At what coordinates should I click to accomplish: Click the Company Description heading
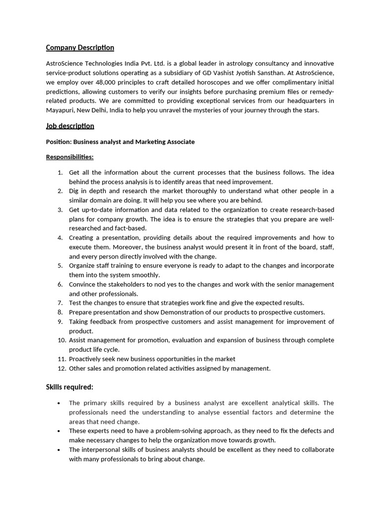click(x=80, y=48)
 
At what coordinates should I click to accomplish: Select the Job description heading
click(x=70, y=126)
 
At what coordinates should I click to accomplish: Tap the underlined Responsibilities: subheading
click(x=69, y=157)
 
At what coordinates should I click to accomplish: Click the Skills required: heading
click(x=69, y=387)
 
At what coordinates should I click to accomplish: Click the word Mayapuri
click(x=60, y=110)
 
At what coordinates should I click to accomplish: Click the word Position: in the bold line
click(x=59, y=142)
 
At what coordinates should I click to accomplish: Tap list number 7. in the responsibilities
click(x=60, y=303)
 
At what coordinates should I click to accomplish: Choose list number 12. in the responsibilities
click(x=62, y=369)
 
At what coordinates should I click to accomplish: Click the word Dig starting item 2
click(x=74, y=191)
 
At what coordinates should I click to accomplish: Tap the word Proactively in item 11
click(x=86, y=359)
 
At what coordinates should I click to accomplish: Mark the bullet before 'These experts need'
click(x=59, y=431)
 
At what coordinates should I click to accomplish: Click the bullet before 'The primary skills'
click(x=59, y=403)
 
